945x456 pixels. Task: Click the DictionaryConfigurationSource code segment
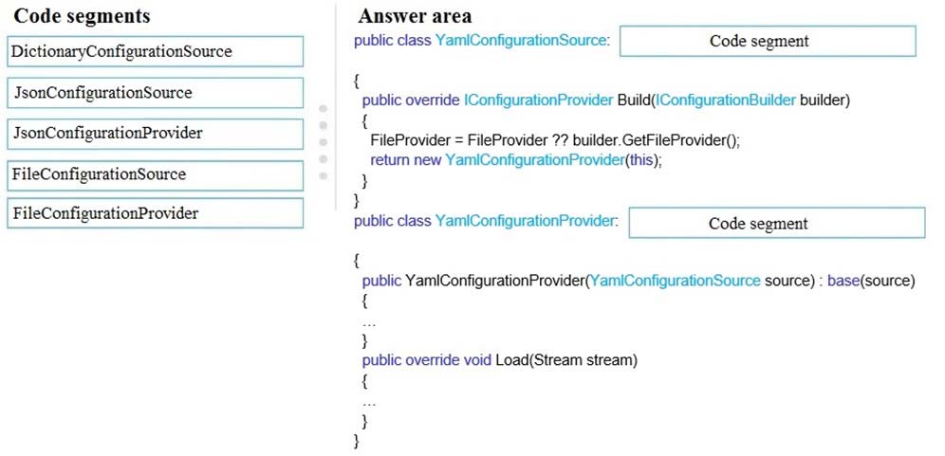155,51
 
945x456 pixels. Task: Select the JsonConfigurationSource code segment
155,93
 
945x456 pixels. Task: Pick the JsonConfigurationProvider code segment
155,134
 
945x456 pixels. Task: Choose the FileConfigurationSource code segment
155,175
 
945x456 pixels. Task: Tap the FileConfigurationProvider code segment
155,213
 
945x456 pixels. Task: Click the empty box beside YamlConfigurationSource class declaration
768,41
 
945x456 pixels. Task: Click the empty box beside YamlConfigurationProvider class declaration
777,223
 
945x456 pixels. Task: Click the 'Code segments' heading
82,16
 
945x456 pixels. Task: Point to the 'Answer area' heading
415,16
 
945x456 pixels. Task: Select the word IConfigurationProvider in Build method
538,100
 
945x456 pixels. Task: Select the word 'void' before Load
477,360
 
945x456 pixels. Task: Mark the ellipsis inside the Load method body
369,401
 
